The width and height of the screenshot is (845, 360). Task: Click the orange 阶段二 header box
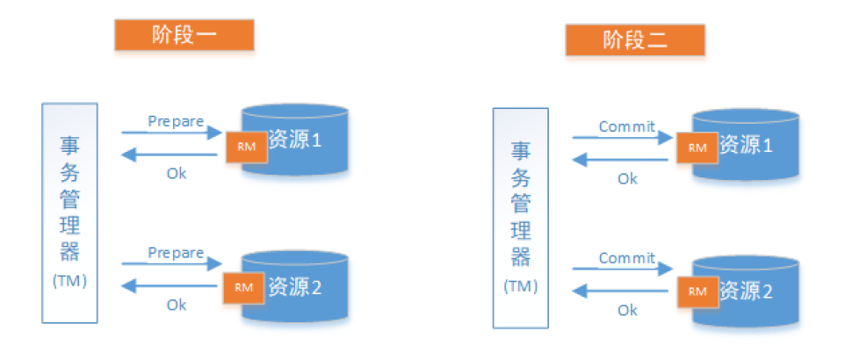(x=635, y=40)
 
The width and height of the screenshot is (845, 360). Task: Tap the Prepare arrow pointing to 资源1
(x=171, y=133)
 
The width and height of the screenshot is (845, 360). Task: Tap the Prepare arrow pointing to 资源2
(x=171, y=263)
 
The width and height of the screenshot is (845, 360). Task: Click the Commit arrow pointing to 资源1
(x=623, y=138)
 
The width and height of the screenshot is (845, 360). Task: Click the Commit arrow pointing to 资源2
(x=623, y=268)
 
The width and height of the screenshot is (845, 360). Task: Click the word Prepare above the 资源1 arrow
(x=176, y=120)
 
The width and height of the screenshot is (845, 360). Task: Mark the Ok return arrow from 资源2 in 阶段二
(x=623, y=292)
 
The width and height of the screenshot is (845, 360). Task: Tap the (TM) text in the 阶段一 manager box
(x=69, y=282)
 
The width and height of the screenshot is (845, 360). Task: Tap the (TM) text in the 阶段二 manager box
(x=521, y=287)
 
